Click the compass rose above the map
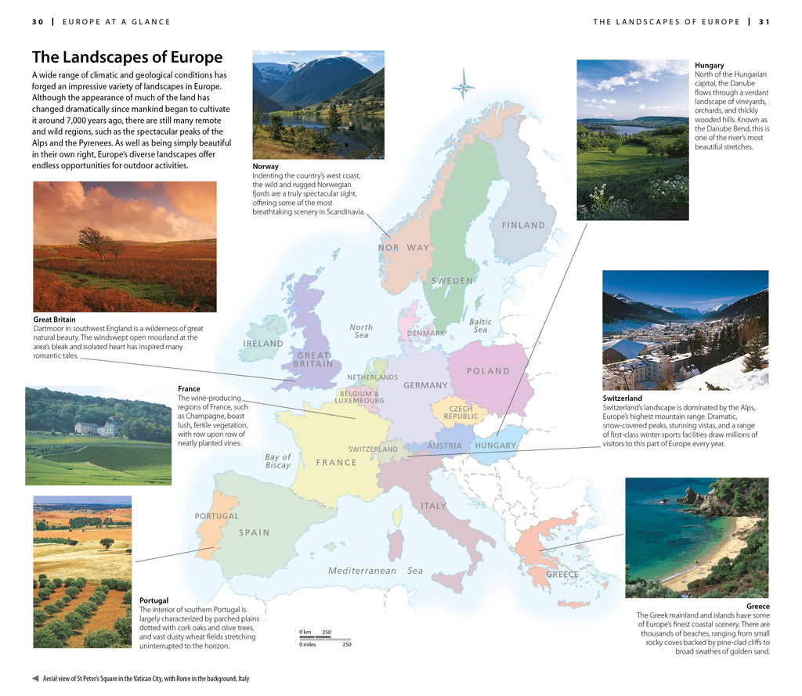[463, 84]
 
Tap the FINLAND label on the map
[523, 225]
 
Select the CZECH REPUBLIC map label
[461, 413]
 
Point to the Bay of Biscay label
[277, 461]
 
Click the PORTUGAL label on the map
[217, 516]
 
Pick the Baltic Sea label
[480, 326]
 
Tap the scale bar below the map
[325, 639]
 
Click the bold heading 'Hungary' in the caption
[709, 65]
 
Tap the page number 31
[764, 22]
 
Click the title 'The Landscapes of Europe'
[127, 57]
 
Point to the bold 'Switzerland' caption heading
[622, 398]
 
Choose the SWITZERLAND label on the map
[373, 449]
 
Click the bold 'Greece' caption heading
[757, 607]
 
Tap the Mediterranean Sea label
[375, 571]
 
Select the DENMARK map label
[426, 333]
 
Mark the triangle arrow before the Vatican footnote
[35, 679]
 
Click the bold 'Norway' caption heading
[266, 167]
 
